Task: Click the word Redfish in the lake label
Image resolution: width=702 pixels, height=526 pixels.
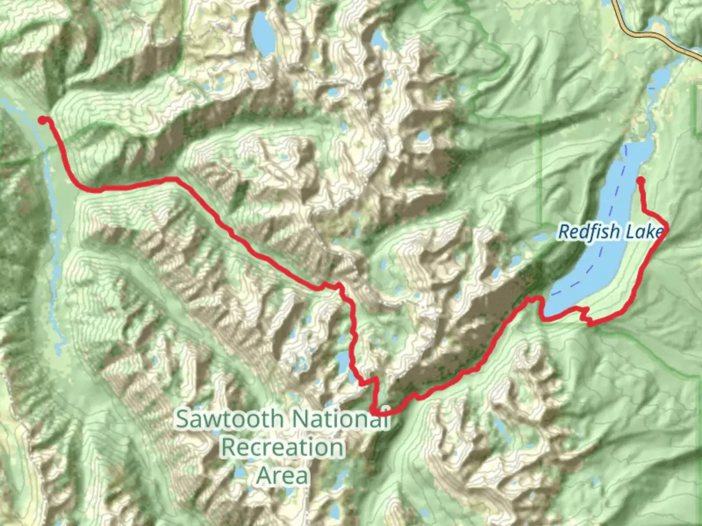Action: [x=589, y=232]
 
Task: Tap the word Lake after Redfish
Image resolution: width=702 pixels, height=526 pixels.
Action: [x=644, y=232]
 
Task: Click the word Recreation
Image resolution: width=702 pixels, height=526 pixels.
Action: [x=283, y=447]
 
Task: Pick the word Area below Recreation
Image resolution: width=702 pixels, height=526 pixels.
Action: [x=282, y=475]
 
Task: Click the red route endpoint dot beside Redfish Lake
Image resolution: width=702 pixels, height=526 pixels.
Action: [x=641, y=181]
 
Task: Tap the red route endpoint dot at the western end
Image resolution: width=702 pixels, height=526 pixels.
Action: [x=43, y=120]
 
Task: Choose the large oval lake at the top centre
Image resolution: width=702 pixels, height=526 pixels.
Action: [x=262, y=34]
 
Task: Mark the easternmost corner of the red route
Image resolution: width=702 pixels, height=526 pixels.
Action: [x=666, y=228]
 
